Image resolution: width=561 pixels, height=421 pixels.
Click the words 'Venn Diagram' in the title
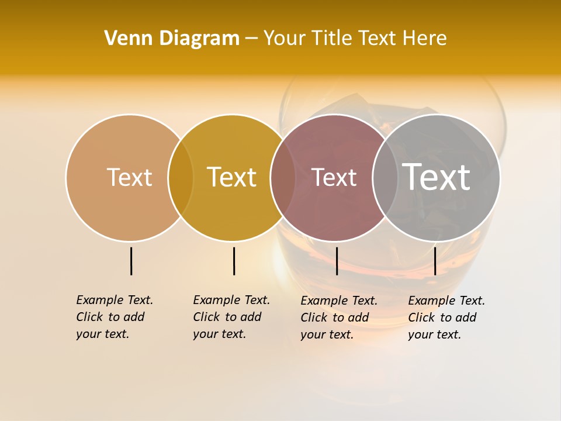(172, 39)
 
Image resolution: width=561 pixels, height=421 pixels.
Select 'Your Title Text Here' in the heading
(355, 39)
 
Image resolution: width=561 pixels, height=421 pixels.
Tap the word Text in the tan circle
(129, 177)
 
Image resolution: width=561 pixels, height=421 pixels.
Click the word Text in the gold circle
(232, 177)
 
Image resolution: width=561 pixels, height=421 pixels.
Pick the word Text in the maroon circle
(334, 178)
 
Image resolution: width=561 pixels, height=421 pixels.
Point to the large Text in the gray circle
(437, 177)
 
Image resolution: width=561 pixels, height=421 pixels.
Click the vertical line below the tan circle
(131, 261)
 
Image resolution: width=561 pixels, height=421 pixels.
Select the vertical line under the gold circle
(234, 261)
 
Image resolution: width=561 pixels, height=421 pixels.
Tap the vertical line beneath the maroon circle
(337, 261)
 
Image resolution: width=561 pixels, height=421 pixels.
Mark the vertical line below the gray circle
(435, 261)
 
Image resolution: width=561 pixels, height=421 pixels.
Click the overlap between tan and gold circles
(181, 178)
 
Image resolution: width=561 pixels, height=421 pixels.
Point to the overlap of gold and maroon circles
(283, 178)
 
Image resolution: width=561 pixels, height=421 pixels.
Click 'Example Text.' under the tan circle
(115, 300)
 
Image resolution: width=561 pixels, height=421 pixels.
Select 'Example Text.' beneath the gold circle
(231, 300)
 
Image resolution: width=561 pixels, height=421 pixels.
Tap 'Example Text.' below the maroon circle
(339, 301)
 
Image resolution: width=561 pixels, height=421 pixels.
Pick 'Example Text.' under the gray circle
(446, 301)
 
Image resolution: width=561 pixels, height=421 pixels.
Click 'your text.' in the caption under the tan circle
(103, 334)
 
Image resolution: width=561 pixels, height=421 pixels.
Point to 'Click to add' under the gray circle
(442, 318)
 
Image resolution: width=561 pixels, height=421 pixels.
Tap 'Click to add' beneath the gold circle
(227, 317)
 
